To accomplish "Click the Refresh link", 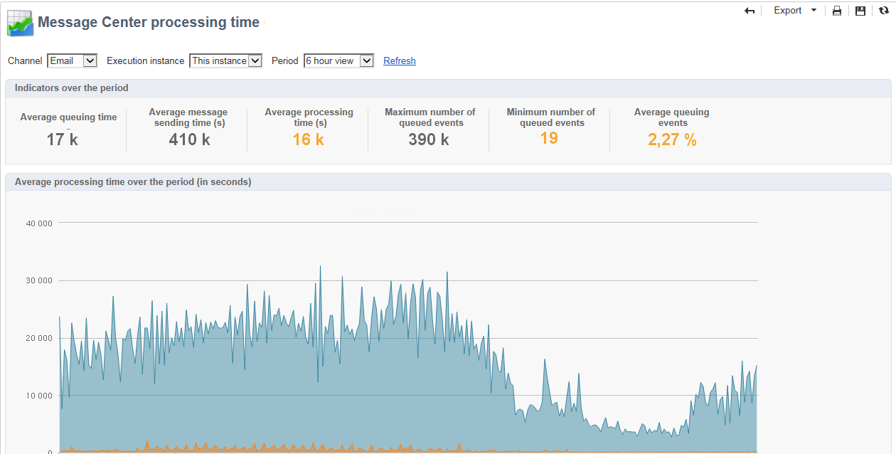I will (400, 61).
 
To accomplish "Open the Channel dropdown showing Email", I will (72, 61).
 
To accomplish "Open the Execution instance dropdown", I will (226, 61).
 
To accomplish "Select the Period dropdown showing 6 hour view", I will (338, 61).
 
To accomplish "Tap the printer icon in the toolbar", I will (837, 11).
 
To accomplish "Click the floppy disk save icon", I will (860, 11).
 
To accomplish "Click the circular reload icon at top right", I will (884, 11).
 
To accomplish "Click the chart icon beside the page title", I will (20, 23).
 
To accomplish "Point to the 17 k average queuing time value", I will (63, 139).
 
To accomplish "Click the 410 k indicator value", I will (189, 139).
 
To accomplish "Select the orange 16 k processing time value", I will (309, 139).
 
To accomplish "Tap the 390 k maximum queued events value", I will (429, 139).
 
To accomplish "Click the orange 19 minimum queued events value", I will (549, 138).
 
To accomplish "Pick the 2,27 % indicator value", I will (672, 140).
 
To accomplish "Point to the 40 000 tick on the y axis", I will (39, 223).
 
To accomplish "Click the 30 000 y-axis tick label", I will (39, 281).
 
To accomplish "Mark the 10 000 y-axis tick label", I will (39, 396).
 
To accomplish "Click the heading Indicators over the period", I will (72, 88).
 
